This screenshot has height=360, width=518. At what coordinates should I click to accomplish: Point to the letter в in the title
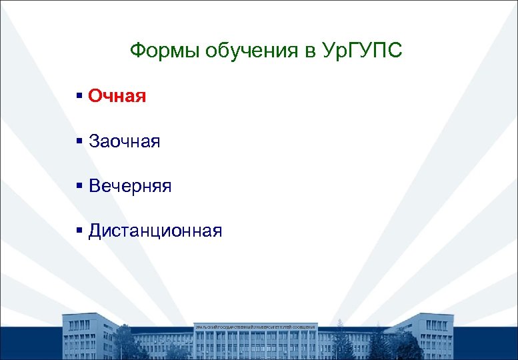point(311,51)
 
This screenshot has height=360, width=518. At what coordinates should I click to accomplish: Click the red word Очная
point(117,96)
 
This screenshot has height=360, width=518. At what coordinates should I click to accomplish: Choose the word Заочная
point(125,141)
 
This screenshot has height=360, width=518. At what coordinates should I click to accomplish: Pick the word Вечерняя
point(130,186)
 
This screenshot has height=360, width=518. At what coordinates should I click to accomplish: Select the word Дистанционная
point(155,231)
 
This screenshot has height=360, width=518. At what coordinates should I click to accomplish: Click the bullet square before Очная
point(79,97)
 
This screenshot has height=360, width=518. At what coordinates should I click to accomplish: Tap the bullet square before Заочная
point(79,141)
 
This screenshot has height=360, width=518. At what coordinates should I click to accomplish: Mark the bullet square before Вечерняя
point(79,186)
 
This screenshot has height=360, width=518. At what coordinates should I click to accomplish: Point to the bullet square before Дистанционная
point(79,231)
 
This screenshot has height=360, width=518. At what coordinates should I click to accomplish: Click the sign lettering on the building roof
point(255,327)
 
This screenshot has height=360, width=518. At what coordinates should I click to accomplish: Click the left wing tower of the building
point(89,337)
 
